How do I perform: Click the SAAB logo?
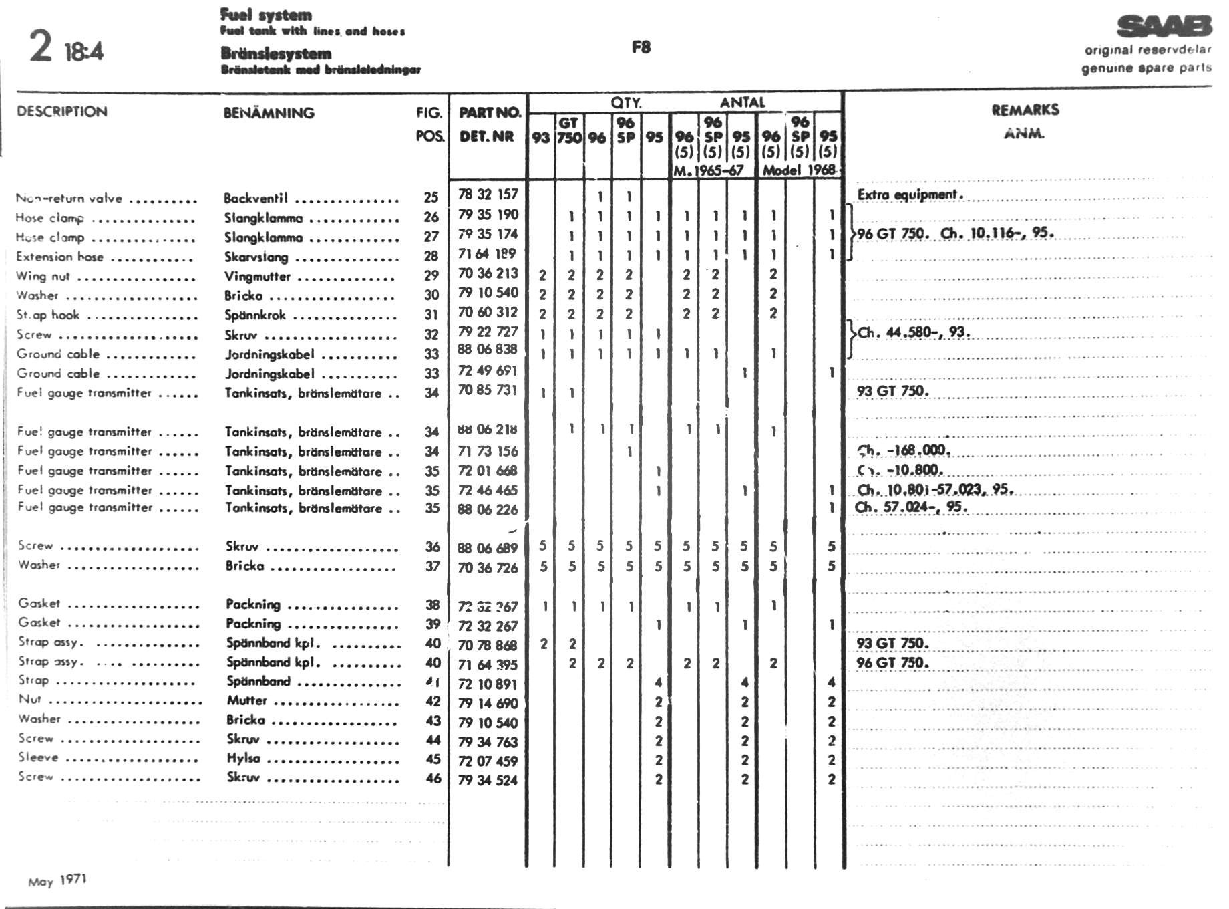1164,27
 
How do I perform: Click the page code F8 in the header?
641,47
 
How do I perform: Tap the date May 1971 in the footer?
57,880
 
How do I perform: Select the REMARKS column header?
1025,110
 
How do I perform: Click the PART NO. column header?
489,112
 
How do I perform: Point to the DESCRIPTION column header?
62,112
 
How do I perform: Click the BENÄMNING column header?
269,113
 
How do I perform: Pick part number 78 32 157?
488,194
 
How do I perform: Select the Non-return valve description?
69,199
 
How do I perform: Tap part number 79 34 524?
488,780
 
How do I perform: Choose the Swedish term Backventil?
256,199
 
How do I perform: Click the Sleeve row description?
39,757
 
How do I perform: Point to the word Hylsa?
243,759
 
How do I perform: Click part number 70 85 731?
488,390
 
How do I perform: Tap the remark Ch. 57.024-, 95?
911,507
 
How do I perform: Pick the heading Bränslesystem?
276,53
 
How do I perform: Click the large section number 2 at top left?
41,46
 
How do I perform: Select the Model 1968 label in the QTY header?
800,170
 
